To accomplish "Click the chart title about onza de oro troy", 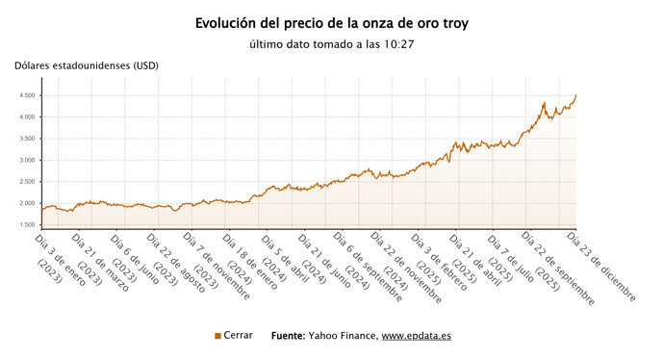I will click(x=331, y=22).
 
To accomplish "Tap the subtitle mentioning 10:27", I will click(x=331, y=44).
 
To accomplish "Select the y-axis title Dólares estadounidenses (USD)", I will click(x=87, y=65).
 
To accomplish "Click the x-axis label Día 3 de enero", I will click(x=61, y=255).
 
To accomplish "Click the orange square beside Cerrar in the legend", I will click(x=217, y=336).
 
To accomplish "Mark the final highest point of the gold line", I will click(x=575, y=94).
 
